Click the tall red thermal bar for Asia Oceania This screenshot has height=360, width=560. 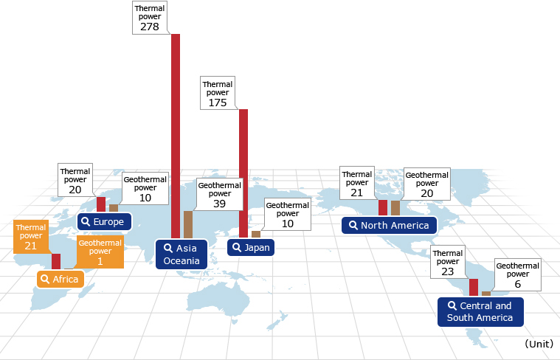point(176,136)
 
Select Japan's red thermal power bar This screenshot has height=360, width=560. point(243,173)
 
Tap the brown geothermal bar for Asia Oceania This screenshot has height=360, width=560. point(188,225)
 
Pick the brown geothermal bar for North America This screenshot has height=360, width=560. point(395,208)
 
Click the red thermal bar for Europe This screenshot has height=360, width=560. point(101,204)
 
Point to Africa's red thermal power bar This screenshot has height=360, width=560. point(56,261)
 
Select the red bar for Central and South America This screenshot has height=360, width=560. point(474,287)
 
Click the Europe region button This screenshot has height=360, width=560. point(104,222)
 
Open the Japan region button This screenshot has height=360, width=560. point(251,248)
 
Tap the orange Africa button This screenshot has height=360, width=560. point(61,279)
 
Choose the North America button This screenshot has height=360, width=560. point(390,225)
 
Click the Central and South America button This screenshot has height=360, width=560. point(481,312)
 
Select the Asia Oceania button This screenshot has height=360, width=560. point(182,255)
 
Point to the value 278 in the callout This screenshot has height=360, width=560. point(150,27)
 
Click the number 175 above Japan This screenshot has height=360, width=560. point(218,103)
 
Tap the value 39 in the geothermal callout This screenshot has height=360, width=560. point(219,204)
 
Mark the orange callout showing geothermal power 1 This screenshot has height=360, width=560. point(100,252)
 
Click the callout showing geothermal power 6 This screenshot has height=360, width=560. point(517,274)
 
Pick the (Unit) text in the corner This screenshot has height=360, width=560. point(539,344)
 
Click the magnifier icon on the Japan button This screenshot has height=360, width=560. point(236,247)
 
